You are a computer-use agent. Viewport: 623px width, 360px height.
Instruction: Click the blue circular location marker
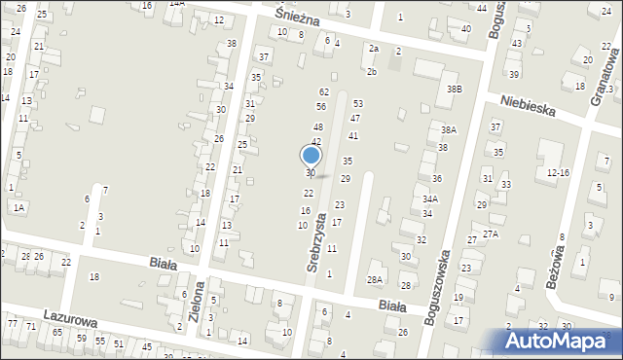click(311, 155)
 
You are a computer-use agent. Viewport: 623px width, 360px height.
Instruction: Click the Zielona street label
click(198, 304)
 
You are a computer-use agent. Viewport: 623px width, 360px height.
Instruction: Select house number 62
click(324, 91)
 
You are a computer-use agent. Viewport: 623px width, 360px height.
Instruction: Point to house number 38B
click(455, 90)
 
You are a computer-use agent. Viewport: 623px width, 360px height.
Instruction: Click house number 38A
click(448, 129)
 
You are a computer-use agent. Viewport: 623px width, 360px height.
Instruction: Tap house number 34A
click(429, 198)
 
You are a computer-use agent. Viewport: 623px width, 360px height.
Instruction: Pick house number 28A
click(375, 279)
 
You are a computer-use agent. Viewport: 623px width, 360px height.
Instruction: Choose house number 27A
click(490, 234)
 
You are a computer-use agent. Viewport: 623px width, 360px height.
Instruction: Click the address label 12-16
click(558, 172)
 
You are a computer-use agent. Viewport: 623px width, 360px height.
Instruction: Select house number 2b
click(372, 71)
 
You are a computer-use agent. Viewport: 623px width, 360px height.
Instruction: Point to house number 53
click(357, 103)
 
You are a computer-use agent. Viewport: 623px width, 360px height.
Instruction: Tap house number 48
click(317, 127)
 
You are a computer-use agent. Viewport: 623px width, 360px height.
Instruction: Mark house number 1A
click(18, 207)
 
